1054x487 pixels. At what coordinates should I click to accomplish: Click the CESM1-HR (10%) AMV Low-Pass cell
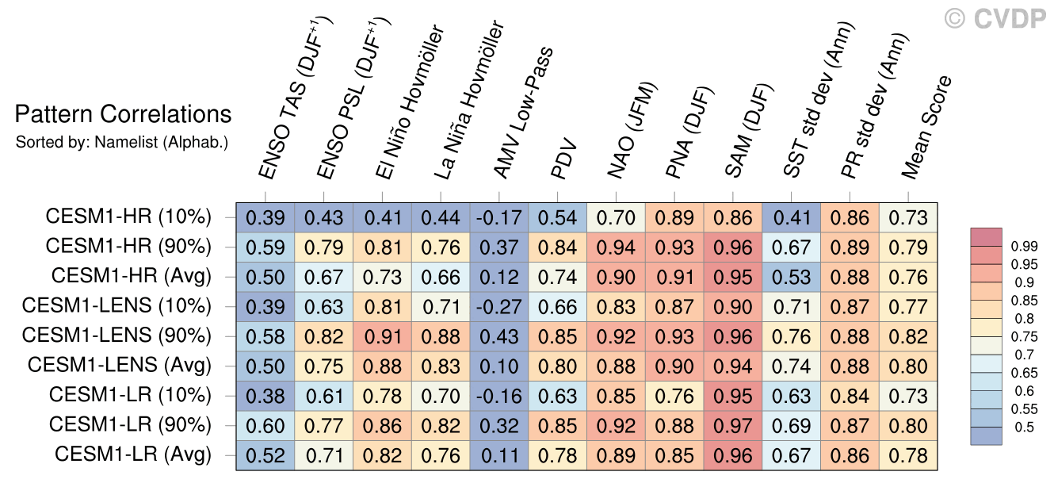(501, 217)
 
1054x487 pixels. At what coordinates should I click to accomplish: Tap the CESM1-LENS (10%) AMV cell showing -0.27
(501, 305)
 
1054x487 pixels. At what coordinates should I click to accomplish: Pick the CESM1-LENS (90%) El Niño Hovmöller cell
(384, 336)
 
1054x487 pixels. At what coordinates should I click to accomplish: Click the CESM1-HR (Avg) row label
(132, 276)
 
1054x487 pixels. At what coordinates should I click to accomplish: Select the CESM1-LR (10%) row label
(130, 395)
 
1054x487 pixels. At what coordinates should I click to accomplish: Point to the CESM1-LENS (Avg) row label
(120, 366)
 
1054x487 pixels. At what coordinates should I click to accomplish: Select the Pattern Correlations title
(123, 115)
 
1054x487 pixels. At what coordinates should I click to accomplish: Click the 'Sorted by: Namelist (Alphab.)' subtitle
(122, 143)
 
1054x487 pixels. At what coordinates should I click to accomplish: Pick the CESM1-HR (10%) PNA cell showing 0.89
(676, 217)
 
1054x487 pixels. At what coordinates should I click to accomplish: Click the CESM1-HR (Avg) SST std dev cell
(792, 276)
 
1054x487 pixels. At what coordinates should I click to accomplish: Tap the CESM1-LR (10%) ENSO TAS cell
(265, 395)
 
